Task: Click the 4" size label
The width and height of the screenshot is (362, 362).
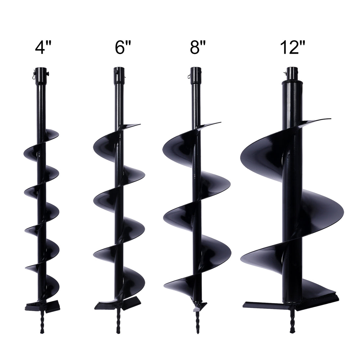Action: [43, 47]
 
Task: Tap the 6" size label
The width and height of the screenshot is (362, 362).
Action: [123, 47]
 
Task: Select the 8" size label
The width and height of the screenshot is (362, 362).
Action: [198, 47]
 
